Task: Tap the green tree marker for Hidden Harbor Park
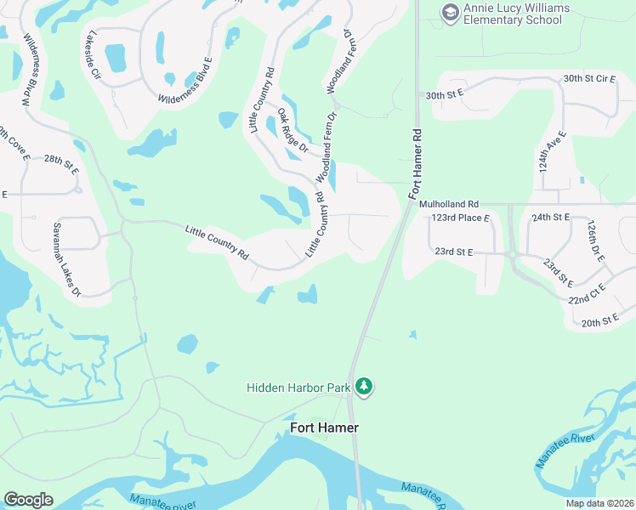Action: pos(364,388)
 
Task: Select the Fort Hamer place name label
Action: pos(324,428)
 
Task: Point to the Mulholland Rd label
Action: pos(450,204)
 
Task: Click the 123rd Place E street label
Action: pos(461,218)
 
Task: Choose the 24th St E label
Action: pos(550,218)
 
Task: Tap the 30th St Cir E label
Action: pos(589,78)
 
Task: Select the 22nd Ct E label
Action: pos(587,294)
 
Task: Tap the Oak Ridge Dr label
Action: pos(292,130)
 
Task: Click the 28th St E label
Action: pos(61,165)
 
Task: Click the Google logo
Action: pos(28,500)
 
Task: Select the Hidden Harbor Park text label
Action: pos(298,388)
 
